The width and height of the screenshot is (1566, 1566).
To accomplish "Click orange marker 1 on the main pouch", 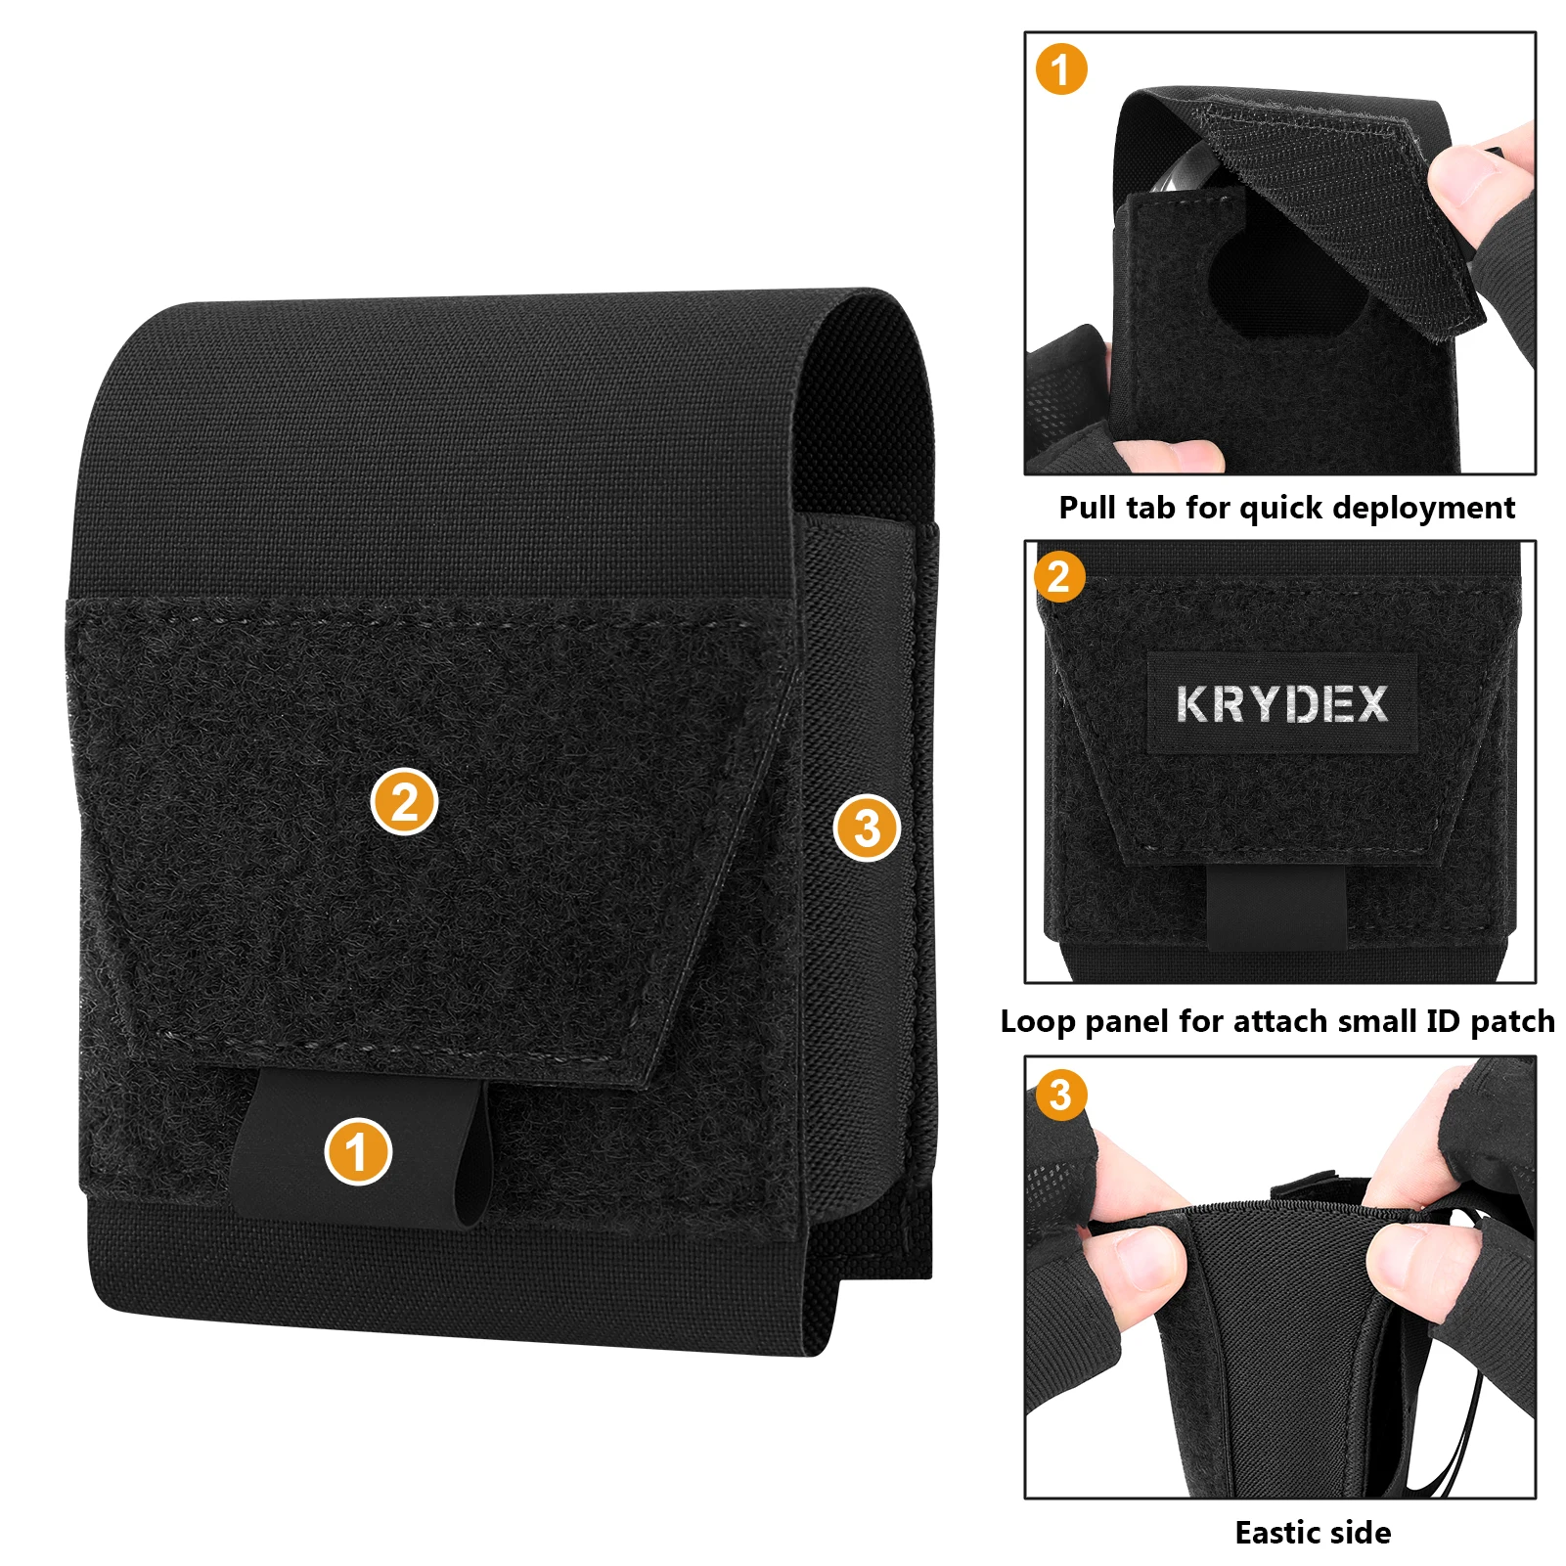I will (358, 1151).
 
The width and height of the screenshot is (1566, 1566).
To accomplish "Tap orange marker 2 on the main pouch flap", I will (404, 802).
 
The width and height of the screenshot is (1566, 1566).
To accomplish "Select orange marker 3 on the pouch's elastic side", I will (867, 828).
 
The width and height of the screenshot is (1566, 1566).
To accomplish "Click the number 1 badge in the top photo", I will (1061, 69).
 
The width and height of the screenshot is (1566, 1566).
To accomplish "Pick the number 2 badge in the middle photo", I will (1059, 576).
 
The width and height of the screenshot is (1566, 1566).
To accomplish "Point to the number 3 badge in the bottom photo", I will (1061, 1094).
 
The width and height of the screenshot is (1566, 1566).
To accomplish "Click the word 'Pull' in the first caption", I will (1089, 508).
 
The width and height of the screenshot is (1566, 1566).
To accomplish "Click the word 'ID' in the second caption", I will (1443, 1021).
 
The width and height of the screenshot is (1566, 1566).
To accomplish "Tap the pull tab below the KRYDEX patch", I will (1275, 905).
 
